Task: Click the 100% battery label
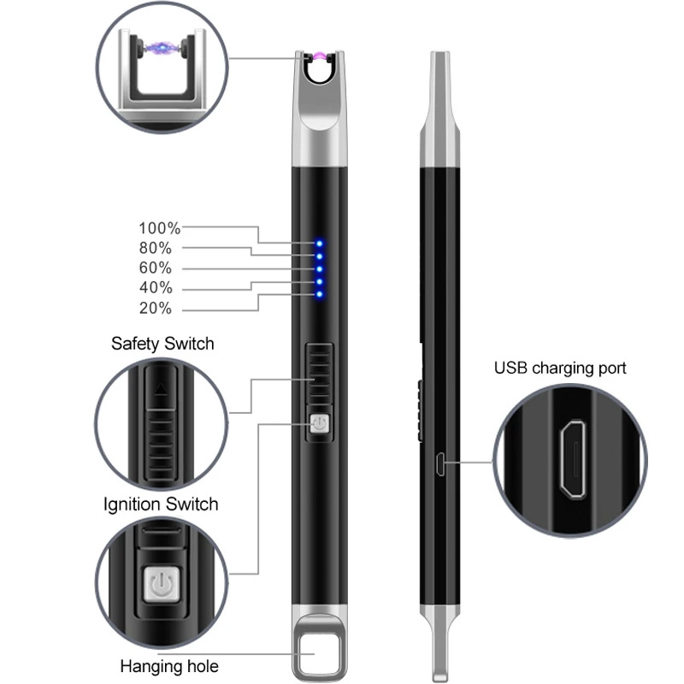tap(160, 228)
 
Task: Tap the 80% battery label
tap(155, 248)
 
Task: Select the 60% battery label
tap(155, 268)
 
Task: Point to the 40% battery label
tap(155, 287)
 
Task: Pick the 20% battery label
tap(155, 308)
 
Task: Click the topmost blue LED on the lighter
tap(319, 244)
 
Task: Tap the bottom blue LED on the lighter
tap(319, 295)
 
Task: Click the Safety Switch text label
tap(162, 344)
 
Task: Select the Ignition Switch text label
tap(161, 504)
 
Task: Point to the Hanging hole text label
tap(169, 666)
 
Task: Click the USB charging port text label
tap(560, 369)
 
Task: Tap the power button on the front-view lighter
tap(318, 424)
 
